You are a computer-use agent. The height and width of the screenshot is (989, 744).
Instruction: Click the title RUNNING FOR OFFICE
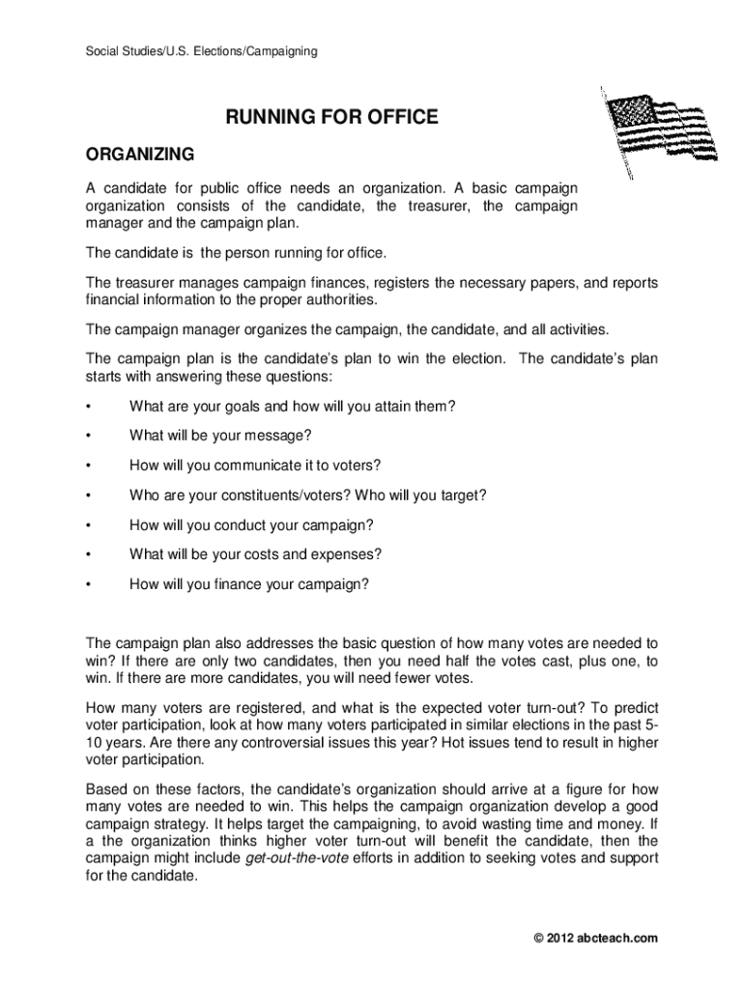point(332,118)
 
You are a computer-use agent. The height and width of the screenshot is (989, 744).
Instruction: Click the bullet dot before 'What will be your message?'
point(88,437)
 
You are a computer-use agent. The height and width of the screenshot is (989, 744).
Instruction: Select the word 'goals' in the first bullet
point(227,407)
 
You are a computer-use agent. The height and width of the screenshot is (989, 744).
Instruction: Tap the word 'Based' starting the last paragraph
point(106,788)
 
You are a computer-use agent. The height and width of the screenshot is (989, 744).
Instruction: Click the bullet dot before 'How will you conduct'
point(88,525)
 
